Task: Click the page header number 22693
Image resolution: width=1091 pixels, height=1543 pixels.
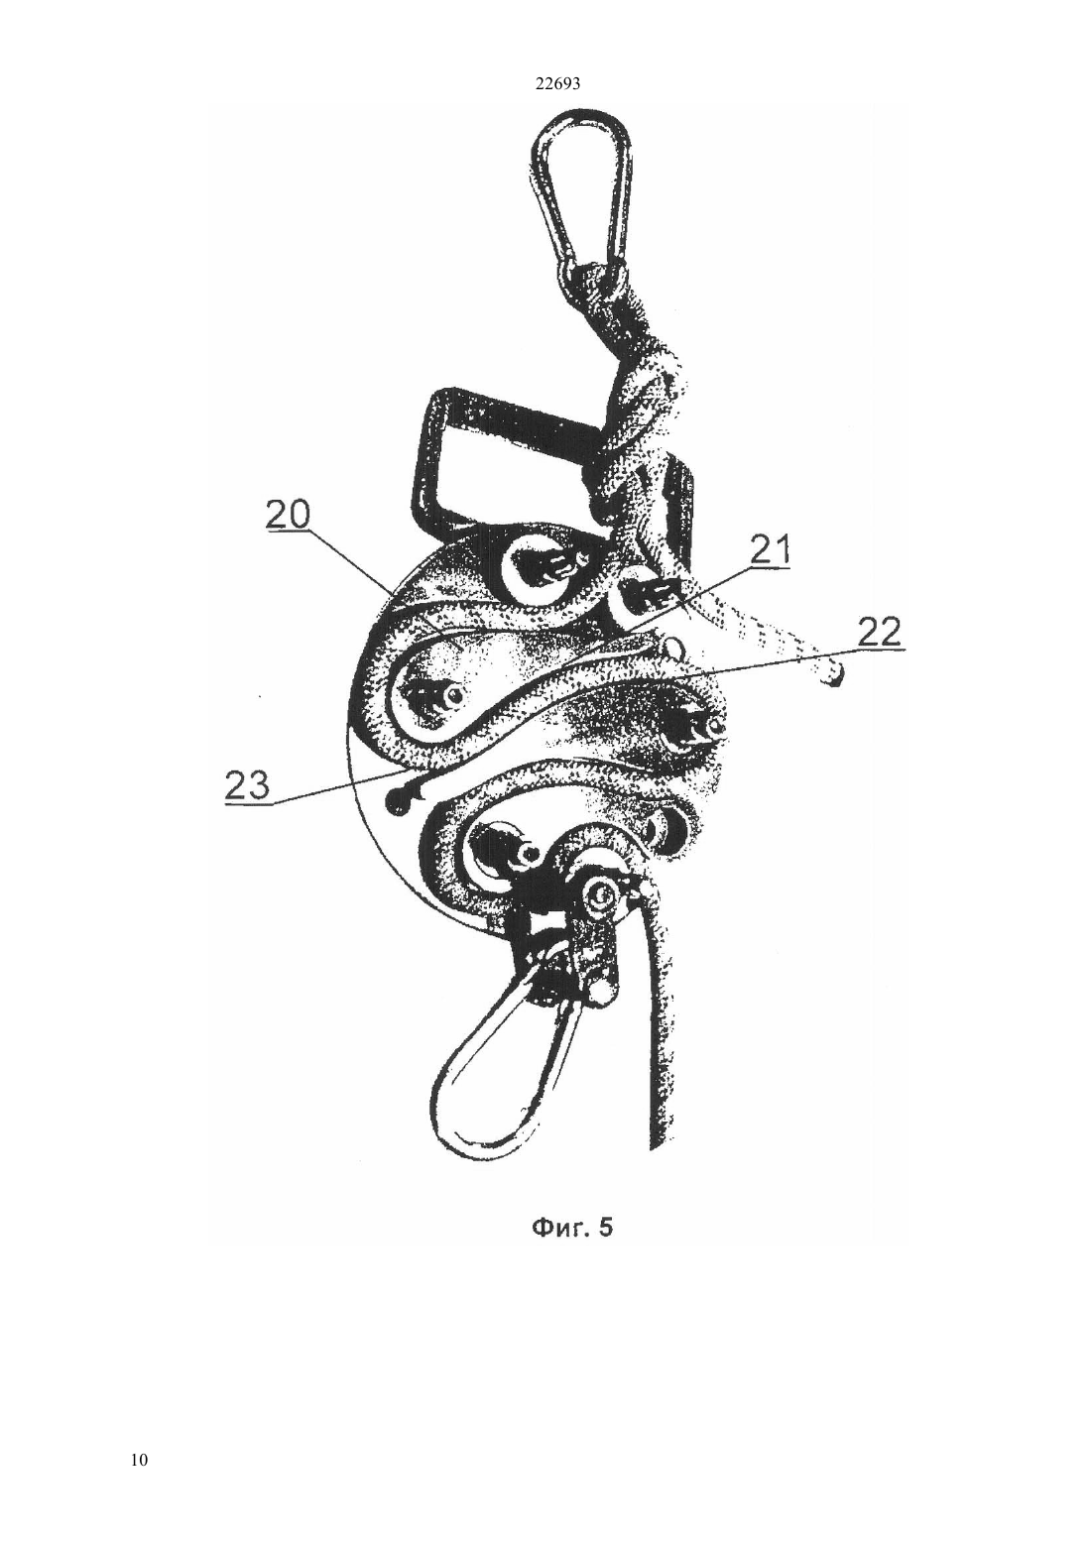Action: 557,84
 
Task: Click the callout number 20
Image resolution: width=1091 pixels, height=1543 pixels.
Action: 288,516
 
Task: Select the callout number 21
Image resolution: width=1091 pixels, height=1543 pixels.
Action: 770,551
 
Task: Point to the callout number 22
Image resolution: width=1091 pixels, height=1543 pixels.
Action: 879,633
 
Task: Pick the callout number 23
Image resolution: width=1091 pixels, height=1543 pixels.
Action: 247,786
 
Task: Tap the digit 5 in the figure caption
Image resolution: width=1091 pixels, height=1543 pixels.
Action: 605,1229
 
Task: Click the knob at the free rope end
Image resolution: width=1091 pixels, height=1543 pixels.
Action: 834,671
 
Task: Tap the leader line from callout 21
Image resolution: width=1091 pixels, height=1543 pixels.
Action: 687,599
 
